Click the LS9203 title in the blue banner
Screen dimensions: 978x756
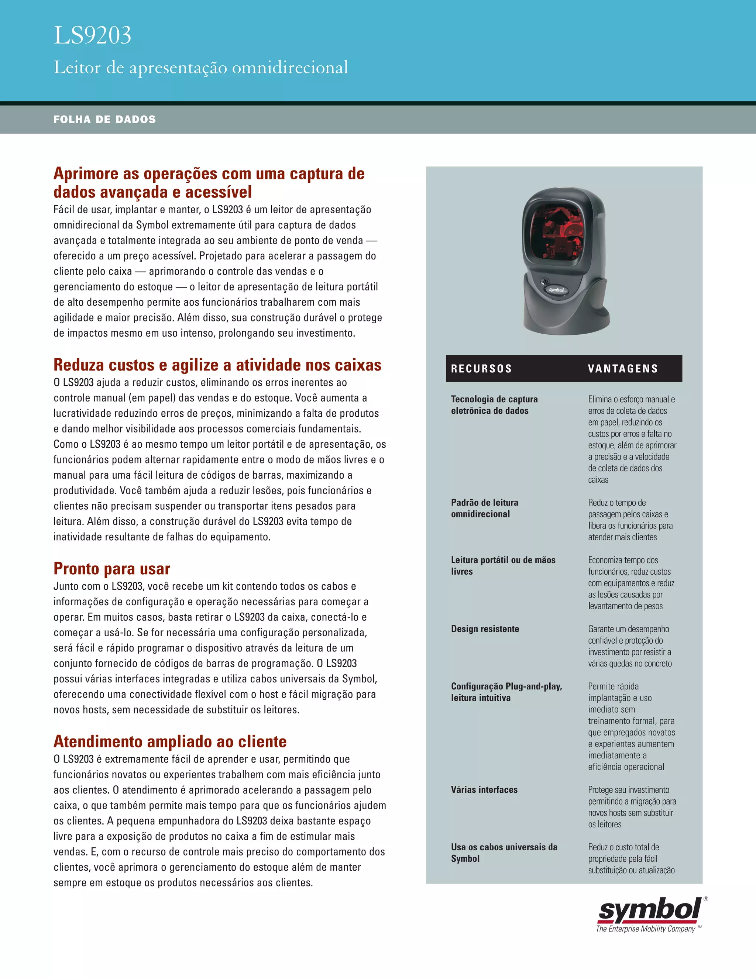point(92,35)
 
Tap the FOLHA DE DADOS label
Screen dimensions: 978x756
point(104,120)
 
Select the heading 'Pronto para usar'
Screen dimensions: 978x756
point(111,569)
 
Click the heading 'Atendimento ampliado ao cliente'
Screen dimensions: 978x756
point(170,741)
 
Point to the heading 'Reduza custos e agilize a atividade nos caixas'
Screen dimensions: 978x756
point(217,365)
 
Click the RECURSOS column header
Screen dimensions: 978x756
point(481,369)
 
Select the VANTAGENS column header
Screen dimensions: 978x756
point(622,369)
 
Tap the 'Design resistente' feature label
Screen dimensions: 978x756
point(485,629)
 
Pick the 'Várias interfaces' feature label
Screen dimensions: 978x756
point(484,789)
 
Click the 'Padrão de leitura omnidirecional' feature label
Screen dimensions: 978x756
point(485,508)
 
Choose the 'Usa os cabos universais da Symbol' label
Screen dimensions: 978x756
point(504,853)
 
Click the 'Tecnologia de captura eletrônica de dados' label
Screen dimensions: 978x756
point(494,405)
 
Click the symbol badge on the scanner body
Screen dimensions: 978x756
point(556,290)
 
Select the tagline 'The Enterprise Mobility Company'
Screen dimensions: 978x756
point(645,929)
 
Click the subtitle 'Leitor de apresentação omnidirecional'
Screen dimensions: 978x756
point(201,68)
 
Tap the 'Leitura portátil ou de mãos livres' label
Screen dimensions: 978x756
point(503,565)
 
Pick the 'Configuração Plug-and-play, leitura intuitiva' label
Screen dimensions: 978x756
point(506,692)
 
